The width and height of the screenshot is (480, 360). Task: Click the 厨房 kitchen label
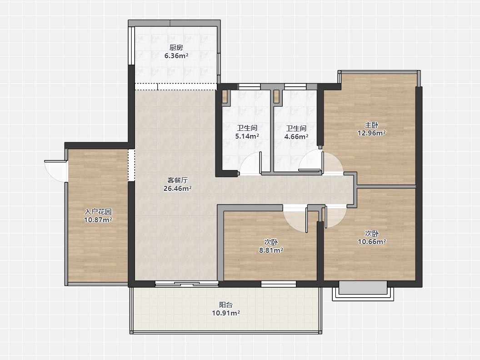click(x=176, y=48)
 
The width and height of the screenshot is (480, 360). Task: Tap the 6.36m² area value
click(x=176, y=56)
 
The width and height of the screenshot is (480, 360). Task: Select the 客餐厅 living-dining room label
click(x=178, y=180)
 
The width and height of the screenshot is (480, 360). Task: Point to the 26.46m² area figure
click(x=178, y=189)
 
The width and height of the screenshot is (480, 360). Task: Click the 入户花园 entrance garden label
click(x=98, y=211)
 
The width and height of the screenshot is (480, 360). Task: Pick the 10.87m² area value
click(x=98, y=220)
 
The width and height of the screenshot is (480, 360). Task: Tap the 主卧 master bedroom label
click(x=371, y=125)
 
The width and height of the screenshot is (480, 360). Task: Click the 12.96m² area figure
click(x=371, y=133)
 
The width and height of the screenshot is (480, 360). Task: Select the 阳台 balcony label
click(x=226, y=305)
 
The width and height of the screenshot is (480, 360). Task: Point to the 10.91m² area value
click(x=226, y=313)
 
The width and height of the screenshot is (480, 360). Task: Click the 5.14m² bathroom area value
click(x=247, y=136)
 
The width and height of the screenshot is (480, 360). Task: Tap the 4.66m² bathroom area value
click(x=296, y=137)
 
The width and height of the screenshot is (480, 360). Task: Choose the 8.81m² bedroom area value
click(x=271, y=250)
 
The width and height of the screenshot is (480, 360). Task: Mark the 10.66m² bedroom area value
click(x=372, y=242)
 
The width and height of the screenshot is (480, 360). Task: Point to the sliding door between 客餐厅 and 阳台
click(x=187, y=284)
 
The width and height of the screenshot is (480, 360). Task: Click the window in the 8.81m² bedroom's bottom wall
click(x=279, y=284)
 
